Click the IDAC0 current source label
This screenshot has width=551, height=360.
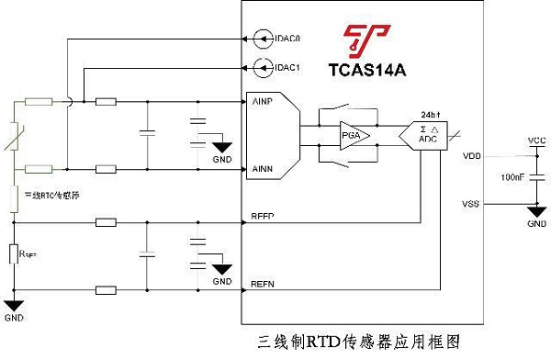click(x=287, y=39)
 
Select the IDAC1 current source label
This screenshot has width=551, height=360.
click(x=287, y=67)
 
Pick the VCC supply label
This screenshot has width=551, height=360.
click(x=537, y=140)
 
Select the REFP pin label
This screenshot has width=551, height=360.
click(x=263, y=216)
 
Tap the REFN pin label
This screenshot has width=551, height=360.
click(x=263, y=286)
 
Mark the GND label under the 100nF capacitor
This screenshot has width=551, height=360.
click(x=536, y=224)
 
